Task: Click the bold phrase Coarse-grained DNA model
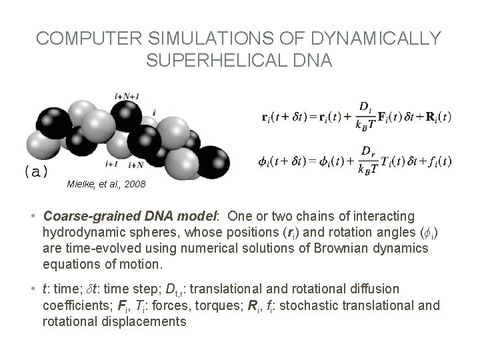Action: click(x=125, y=217)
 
